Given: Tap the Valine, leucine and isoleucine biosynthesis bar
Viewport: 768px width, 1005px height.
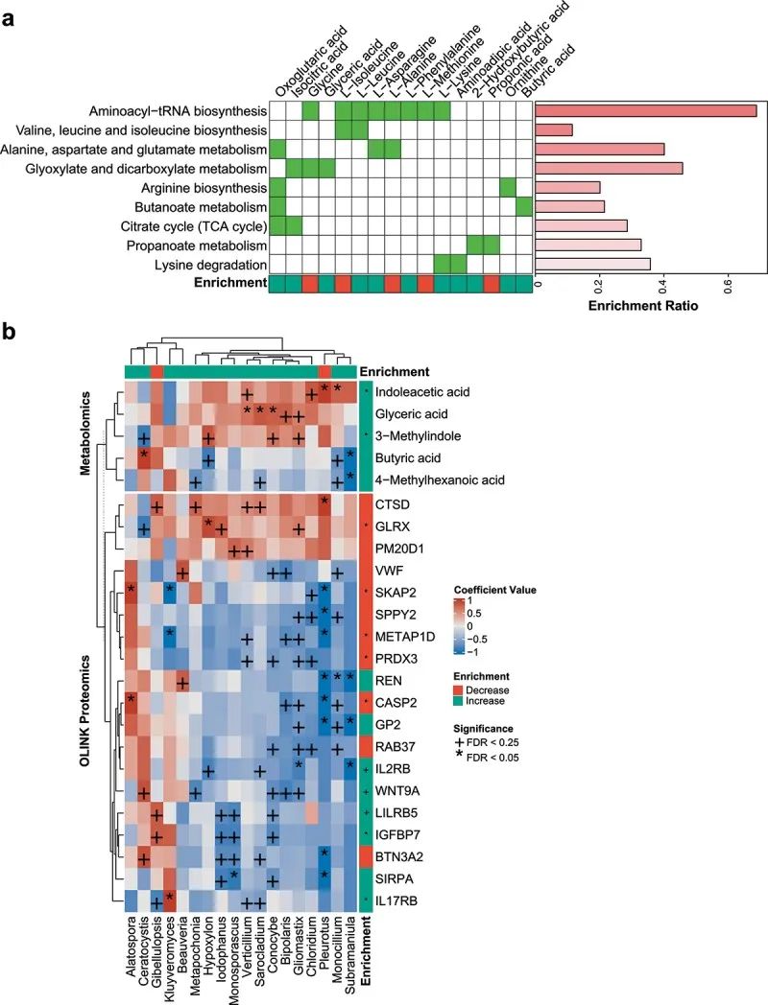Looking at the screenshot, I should click(x=553, y=129).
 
